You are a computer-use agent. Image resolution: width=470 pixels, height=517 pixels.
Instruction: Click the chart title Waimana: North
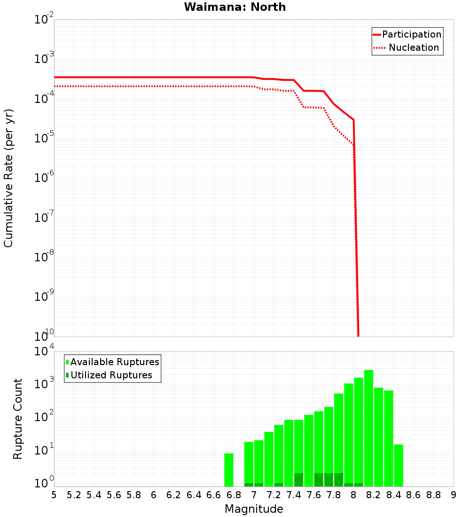coord(235,7)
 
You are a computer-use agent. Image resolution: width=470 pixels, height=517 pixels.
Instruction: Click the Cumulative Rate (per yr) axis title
coord(8,178)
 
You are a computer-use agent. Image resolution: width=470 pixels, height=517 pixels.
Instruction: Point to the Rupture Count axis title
coord(18,419)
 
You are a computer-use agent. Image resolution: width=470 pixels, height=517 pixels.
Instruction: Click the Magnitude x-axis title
coord(254,509)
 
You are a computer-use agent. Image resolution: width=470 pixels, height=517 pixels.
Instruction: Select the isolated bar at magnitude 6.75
coord(229,470)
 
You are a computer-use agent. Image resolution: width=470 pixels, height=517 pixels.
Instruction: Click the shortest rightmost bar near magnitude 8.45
coord(399,465)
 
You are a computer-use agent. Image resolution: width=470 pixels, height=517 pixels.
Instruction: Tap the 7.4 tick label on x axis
coord(294,495)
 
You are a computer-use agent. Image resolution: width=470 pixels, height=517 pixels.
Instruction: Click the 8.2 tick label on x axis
coord(374,495)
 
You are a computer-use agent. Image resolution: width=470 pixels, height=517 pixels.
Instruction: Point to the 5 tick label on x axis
coord(54,495)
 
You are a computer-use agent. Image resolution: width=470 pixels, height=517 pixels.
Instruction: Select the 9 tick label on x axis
coord(454,495)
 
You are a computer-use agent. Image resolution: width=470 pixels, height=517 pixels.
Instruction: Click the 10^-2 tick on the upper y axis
coord(44,20)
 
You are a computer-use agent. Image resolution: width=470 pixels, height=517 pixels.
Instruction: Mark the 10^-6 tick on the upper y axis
coord(44,178)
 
